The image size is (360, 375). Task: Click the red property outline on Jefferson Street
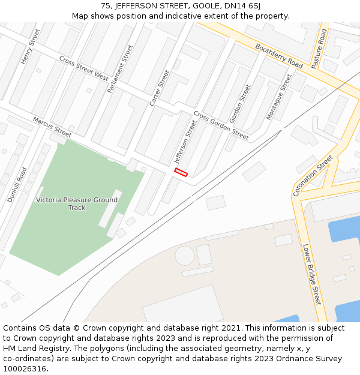(x=181, y=172)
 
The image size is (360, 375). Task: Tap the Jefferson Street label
(x=185, y=142)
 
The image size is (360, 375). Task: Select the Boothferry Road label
(x=279, y=55)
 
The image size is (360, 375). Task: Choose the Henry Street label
(x=30, y=47)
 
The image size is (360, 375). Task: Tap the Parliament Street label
(x=120, y=68)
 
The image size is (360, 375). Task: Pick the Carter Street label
(x=160, y=88)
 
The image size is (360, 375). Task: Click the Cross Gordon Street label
(x=221, y=125)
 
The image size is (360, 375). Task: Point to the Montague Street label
(x=278, y=97)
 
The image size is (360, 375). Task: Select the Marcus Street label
(x=52, y=127)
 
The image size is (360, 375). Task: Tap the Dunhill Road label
(x=17, y=184)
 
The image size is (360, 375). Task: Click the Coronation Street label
(x=313, y=176)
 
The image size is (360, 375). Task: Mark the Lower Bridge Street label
(x=312, y=274)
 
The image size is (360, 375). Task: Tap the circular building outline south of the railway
(x=185, y=256)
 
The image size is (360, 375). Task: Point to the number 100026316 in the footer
(x=25, y=368)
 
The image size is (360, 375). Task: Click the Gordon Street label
(x=239, y=103)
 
